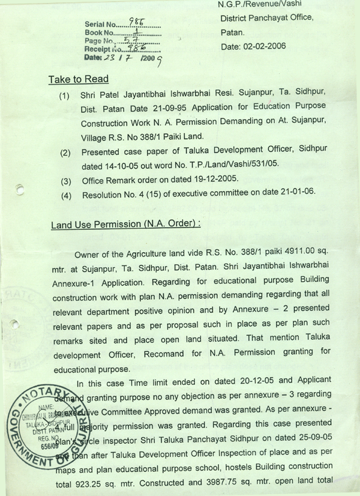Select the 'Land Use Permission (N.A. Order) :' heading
coord(125,225)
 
